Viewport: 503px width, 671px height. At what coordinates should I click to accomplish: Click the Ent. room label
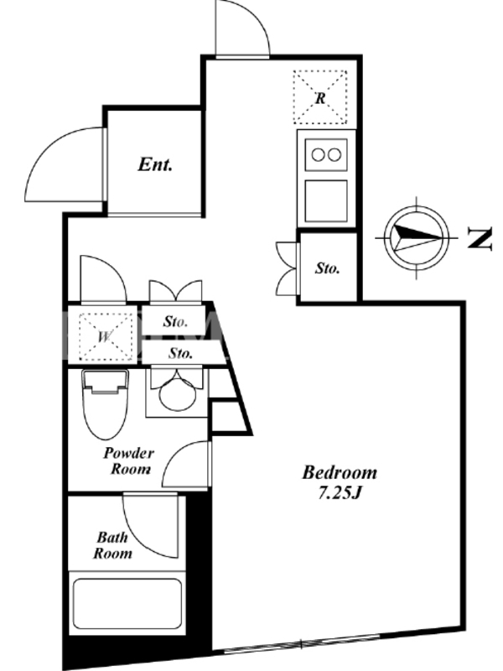pos(155,165)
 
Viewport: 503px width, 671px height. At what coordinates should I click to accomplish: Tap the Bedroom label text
pos(339,472)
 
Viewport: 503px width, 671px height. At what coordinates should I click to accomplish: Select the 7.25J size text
pos(339,492)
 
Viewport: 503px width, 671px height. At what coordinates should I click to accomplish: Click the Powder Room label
pos(128,460)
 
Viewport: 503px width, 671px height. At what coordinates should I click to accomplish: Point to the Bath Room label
pos(112,545)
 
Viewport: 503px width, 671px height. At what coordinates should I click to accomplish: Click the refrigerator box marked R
pos(319,97)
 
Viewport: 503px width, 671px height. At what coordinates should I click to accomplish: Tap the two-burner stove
pos(325,153)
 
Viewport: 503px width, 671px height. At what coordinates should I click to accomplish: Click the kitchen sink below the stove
pos(325,200)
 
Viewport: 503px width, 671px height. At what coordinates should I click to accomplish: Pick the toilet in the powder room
pos(105,403)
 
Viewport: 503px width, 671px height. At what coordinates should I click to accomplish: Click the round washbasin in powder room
pos(176,393)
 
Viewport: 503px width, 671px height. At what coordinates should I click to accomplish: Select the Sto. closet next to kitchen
pos(328,268)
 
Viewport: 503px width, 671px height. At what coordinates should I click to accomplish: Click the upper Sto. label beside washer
pos(174,321)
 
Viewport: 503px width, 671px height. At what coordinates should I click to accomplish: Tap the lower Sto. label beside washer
pos(180,353)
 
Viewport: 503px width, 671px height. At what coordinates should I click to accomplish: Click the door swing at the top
pos(242,29)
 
